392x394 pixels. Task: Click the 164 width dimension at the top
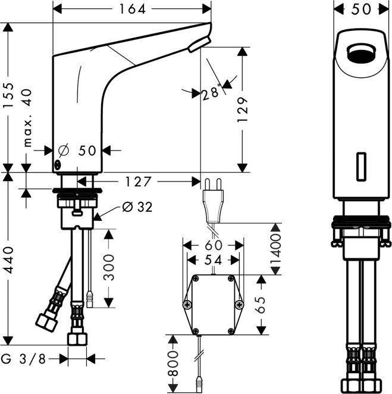[132, 8]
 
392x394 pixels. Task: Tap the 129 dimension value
[243, 110]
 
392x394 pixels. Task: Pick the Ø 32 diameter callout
[137, 207]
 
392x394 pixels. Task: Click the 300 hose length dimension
[109, 268]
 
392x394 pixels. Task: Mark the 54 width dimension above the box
[214, 259]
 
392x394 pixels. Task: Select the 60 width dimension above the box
[214, 245]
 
